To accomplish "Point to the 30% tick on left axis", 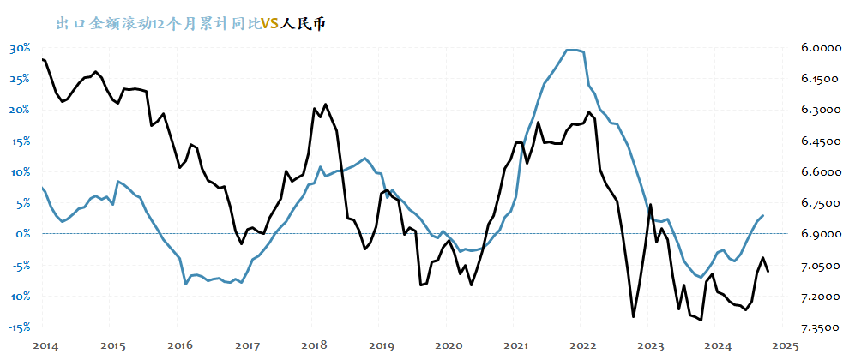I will [20, 48].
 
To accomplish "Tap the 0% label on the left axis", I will [23, 234].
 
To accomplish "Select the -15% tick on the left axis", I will [19, 327].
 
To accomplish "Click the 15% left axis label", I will [20, 141].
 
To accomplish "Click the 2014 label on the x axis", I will [45, 345].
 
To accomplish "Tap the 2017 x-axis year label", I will [247, 345].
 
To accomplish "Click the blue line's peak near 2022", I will [573, 50].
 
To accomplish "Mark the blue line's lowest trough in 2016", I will [186, 284].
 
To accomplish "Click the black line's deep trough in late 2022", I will [633, 317].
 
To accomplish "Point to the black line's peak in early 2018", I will [325, 104].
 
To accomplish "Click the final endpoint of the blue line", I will [763, 215].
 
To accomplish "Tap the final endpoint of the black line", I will [768, 272].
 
